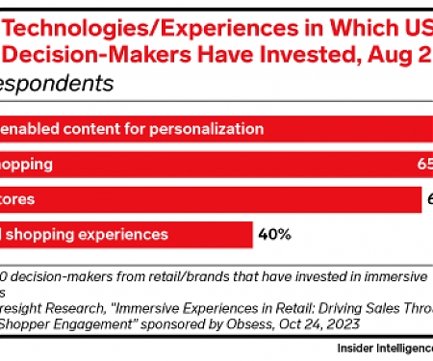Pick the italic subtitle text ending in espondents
point(57,84)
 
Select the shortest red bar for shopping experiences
point(125,234)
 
